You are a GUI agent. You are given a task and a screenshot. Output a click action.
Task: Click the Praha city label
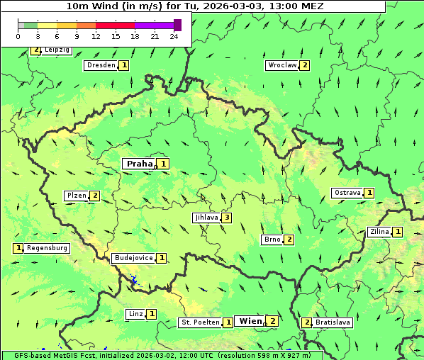140,164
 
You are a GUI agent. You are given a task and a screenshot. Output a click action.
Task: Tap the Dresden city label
101,65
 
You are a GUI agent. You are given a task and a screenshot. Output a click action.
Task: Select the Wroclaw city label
281,65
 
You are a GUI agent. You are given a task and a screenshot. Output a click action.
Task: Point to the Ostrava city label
347,193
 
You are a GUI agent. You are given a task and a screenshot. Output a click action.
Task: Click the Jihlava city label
206,218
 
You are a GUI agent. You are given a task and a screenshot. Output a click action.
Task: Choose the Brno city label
272,240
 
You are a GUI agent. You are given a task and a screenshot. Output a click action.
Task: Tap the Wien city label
250,321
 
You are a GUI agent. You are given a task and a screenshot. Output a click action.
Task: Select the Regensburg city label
48,248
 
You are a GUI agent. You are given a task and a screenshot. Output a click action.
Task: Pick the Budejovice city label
133,258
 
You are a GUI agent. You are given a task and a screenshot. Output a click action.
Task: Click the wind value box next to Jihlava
226,218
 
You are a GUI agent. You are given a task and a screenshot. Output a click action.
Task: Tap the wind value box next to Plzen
94,196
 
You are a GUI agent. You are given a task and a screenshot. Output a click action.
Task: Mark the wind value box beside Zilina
398,232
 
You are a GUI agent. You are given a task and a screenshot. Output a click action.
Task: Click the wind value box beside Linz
152,314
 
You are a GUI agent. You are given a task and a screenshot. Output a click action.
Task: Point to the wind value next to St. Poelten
228,322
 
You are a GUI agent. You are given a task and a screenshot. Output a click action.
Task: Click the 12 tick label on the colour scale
96,36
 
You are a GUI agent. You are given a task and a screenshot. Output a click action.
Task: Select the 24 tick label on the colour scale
174,36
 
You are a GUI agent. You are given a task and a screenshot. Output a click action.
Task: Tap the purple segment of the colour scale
154,25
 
